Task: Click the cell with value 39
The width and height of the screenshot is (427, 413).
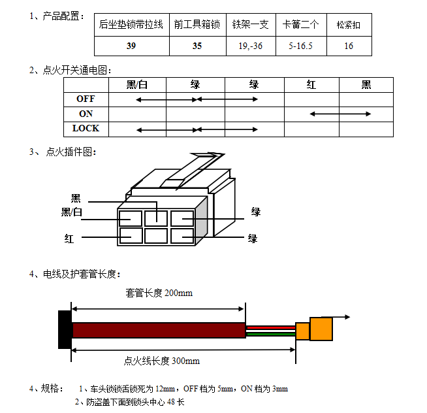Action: pos(131,46)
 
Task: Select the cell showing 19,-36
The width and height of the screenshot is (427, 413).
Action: pos(251,46)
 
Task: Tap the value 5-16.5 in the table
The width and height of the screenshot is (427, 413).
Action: pos(300,46)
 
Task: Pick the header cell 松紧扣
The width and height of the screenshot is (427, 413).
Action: pos(348,25)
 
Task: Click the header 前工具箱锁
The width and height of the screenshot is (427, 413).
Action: pos(197,25)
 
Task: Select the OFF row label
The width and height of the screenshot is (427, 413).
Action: pos(86,99)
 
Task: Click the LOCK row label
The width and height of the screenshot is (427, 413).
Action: pos(86,129)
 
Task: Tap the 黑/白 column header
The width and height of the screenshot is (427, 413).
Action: pos(137,85)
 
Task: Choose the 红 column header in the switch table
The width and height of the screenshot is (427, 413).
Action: pos(311,85)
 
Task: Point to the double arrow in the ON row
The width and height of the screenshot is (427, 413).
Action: pos(340,114)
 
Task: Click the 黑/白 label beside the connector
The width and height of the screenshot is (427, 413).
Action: pos(72,212)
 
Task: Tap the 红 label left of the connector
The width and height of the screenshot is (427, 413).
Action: pos(69,239)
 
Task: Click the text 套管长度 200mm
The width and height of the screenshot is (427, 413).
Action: pos(159,293)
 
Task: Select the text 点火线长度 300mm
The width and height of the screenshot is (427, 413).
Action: pos(162,360)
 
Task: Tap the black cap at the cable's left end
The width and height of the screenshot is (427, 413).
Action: pos(65,329)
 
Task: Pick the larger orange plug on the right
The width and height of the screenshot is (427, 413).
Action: pos(321,329)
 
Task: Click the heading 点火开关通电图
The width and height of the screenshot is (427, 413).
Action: pos(75,70)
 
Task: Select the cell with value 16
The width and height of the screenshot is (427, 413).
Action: pos(349,46)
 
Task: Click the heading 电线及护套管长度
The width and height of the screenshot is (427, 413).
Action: pos(82,274)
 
